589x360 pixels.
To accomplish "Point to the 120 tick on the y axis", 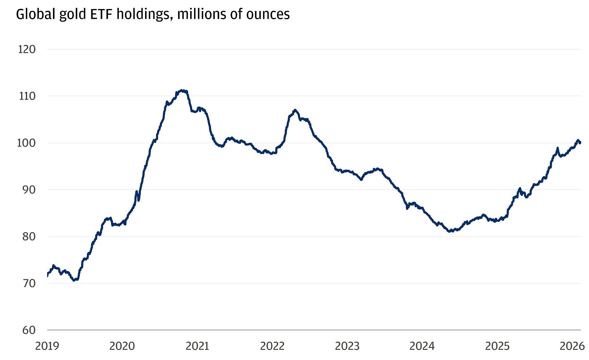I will click(27, 49).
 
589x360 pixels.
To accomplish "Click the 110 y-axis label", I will click(27, 96).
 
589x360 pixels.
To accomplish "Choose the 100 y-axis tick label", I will click(27, 143).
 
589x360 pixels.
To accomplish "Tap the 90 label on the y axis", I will click(28, 190).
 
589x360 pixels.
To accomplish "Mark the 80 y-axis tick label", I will click(28, 236).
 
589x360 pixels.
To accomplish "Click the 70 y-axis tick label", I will click(28, 284).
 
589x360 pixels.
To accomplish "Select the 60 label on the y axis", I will click(28, 330).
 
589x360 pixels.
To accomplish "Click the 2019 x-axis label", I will click(47, 346).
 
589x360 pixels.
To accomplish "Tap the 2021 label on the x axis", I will click(197, 346).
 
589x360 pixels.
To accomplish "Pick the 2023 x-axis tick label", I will click(347, 346).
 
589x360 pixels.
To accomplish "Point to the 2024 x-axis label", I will click(422, 346).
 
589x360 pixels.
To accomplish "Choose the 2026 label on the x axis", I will click(572, 346).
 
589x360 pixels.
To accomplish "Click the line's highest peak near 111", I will click(182, 91).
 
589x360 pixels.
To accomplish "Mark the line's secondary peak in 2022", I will click(295, 110).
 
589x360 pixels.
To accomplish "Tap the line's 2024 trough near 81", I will click(451, 231).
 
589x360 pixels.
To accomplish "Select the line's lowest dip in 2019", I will click(75, 280).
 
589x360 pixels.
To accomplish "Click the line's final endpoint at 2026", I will click(580, 143).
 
